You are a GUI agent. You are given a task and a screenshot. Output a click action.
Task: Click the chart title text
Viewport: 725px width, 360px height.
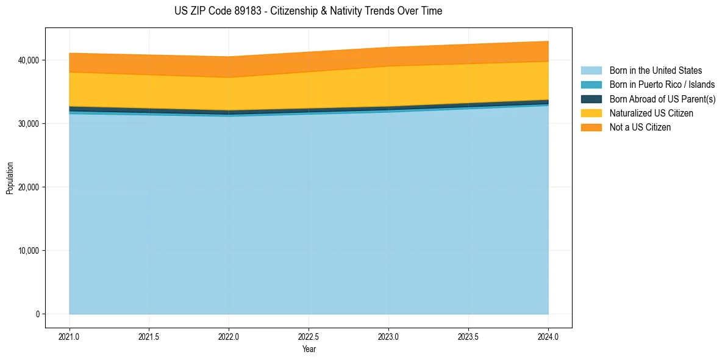click(308, 11)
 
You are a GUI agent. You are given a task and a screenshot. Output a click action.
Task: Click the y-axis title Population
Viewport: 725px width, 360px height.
click(10, 178)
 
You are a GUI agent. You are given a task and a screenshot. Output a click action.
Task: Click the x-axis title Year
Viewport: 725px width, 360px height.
click(309, 350)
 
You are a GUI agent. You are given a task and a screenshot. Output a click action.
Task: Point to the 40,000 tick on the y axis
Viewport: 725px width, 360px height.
click(28, 60)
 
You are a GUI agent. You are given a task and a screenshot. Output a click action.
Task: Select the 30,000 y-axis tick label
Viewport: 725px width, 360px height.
click(28, 124)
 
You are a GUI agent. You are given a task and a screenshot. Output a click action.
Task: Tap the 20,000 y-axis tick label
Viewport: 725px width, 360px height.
click(28, 187)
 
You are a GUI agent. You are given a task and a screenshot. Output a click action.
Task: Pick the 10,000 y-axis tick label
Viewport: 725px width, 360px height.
click(28, 251)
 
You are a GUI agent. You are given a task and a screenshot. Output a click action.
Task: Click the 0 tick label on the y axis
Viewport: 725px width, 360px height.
click(38, 314)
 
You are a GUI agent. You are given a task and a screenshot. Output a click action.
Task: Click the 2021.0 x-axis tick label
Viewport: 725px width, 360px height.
click(70, 336)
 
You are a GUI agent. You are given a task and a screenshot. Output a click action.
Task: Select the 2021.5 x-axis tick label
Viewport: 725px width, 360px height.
click(149, 336)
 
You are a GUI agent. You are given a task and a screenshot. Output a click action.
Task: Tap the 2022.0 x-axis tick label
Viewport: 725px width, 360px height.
click(229, 336)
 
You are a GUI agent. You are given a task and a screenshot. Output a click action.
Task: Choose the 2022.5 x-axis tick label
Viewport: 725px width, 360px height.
click(309, 336)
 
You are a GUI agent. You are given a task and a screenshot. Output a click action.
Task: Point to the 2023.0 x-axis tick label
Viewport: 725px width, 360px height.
click(388, 336)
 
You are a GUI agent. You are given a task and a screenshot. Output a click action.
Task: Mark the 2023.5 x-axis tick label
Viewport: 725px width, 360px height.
click(468, 336)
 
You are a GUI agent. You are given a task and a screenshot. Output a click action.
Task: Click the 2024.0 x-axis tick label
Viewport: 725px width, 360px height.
click(548, 336)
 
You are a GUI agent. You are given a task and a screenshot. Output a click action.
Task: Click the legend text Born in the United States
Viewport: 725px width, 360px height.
click(655, 71)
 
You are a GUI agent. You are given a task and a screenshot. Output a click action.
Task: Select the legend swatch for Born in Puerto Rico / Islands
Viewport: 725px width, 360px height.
click(591, 85)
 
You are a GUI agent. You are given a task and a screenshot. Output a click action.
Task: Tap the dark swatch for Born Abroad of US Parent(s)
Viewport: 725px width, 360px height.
click(591, 99)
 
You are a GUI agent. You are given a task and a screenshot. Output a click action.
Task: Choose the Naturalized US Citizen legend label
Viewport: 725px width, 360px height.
click(651, 113)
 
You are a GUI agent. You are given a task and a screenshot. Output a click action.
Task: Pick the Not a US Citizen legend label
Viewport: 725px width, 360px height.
click(640, 128)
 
